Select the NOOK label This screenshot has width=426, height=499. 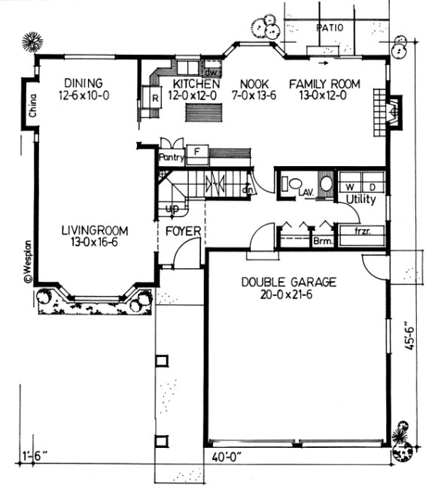click(251, 83)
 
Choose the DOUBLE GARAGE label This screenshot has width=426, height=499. click(289, 283)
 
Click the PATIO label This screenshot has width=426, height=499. click(330, 28)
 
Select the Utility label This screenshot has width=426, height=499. click(361, 199)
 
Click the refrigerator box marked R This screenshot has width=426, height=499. click(154, 98)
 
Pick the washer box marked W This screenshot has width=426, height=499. click(350, 184)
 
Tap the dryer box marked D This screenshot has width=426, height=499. click(373, 184)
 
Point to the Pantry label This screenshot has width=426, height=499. click(171, 158)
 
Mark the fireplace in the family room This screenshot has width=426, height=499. click(390, 110)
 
